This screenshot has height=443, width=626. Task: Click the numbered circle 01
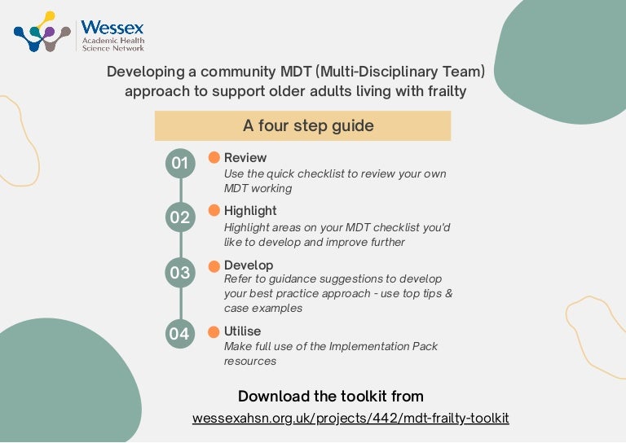179,164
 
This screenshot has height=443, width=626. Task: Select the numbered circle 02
179,217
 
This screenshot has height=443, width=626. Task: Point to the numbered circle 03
179,273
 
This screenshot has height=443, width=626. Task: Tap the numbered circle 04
179,333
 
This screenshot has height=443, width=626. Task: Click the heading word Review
245,157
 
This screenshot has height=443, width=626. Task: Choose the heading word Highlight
250,211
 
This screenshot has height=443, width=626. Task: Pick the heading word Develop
249,265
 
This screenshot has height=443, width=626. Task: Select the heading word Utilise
243,331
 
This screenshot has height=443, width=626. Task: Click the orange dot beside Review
214,157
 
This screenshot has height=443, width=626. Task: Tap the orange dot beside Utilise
214,331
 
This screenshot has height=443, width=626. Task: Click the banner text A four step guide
308,126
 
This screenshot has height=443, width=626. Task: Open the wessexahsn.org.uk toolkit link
350,419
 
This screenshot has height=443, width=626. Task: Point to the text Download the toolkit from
331,397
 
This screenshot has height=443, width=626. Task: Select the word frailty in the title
445,91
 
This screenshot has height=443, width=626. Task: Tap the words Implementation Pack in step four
383,346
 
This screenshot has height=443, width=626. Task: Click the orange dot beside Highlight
214,211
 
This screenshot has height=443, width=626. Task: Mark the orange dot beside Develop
214,265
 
